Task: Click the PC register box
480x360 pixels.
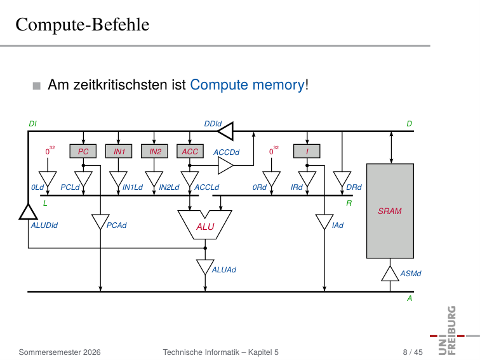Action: (x=83, y=151)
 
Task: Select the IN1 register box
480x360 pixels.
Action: (x=119, y=151)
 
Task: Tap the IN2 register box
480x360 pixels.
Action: (x=154, y=151)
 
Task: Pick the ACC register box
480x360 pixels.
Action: (x=190, y=151)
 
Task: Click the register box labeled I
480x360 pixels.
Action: (x=307, y=151)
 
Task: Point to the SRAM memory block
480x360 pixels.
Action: (x=390, y=211)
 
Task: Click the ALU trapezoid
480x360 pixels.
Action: (x=205, y=225)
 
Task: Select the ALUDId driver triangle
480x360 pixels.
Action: (x=28, y=212)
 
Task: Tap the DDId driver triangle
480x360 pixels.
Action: (x=225, y=131)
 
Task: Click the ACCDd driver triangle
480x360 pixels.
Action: (x=225, y=165)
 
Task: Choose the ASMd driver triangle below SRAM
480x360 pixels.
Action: (x=390, y=274)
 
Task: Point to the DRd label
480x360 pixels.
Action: (x=354, y=187)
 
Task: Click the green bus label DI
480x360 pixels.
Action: (x=32, y=124)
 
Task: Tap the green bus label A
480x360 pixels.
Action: (x=410, y=298)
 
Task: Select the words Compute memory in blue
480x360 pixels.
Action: (x=248, y=85)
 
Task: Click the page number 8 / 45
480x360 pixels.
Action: (x=413, y=352)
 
